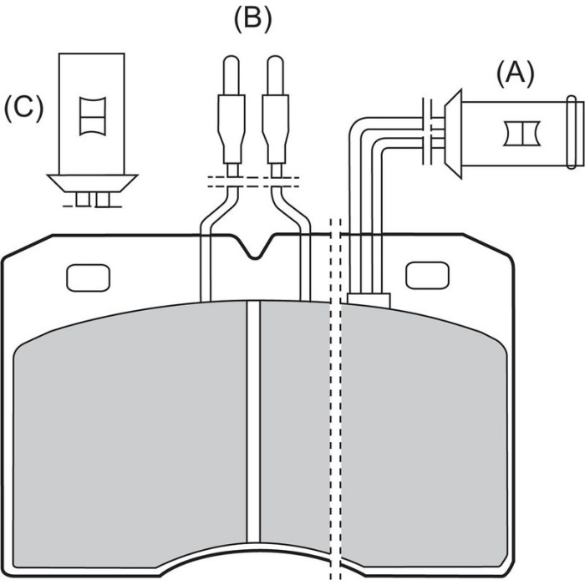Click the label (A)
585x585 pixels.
tap(516, 74)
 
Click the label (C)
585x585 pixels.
tap(23, 108)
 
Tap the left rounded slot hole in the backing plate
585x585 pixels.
tap(88, 278)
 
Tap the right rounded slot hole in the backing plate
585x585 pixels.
tap(427, 275)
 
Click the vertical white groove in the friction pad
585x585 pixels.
tap(253, 421)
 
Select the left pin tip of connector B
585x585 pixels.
tap(231, 75)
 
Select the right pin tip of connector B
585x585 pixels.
tap(275, 75)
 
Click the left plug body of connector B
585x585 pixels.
tap(231, 129)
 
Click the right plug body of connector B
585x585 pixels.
tap(276, 129)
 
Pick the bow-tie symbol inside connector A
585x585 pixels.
tap(522, 133)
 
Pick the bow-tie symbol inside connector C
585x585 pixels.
tap(93, 116)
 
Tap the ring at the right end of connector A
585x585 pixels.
tap(572, 132)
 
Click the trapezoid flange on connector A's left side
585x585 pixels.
tap(453, 134)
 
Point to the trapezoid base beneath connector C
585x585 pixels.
tap(93, 183)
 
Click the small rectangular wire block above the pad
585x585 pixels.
tap(369, 300)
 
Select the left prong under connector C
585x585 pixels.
tap(83, 199)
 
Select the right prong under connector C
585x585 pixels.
tap(102, 199)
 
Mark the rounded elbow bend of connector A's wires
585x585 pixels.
tap(361, 130)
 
